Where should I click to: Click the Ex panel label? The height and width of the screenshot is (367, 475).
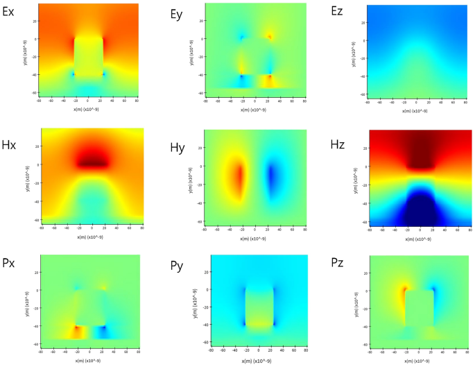(12, 12)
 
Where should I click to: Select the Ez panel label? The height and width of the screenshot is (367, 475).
(340, 12)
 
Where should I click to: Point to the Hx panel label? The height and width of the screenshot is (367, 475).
(12, 139)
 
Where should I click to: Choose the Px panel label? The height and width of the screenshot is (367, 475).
(12, 266)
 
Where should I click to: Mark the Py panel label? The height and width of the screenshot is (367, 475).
(179, 266)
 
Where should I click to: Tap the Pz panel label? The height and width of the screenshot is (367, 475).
(341, 266)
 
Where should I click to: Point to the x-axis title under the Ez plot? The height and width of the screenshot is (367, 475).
(420, 110)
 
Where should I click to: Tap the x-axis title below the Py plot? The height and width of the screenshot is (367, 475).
(258, 361)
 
